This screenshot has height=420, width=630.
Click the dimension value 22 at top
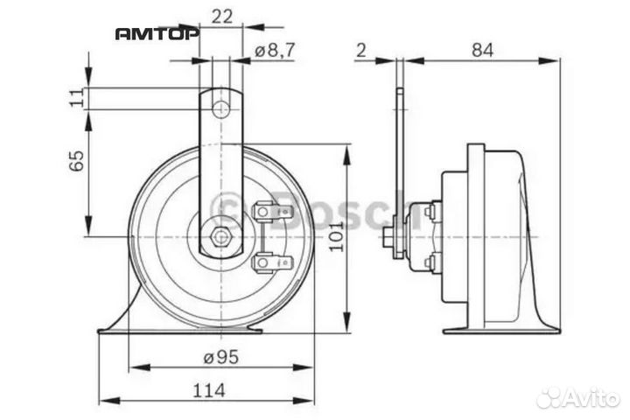(221, 15)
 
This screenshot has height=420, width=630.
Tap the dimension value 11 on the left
(76, 98)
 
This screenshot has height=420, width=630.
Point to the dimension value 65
(76, 160)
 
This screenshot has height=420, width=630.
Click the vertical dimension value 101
(336, 234)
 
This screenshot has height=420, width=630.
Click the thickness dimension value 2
(360, 51)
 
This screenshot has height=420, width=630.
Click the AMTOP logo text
(157, 33)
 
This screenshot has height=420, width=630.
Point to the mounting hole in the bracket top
(222, 109)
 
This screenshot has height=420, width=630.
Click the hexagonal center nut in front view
(220, 236)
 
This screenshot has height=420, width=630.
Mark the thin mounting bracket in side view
(400, 166)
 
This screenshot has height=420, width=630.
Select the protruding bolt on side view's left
(388, 237)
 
